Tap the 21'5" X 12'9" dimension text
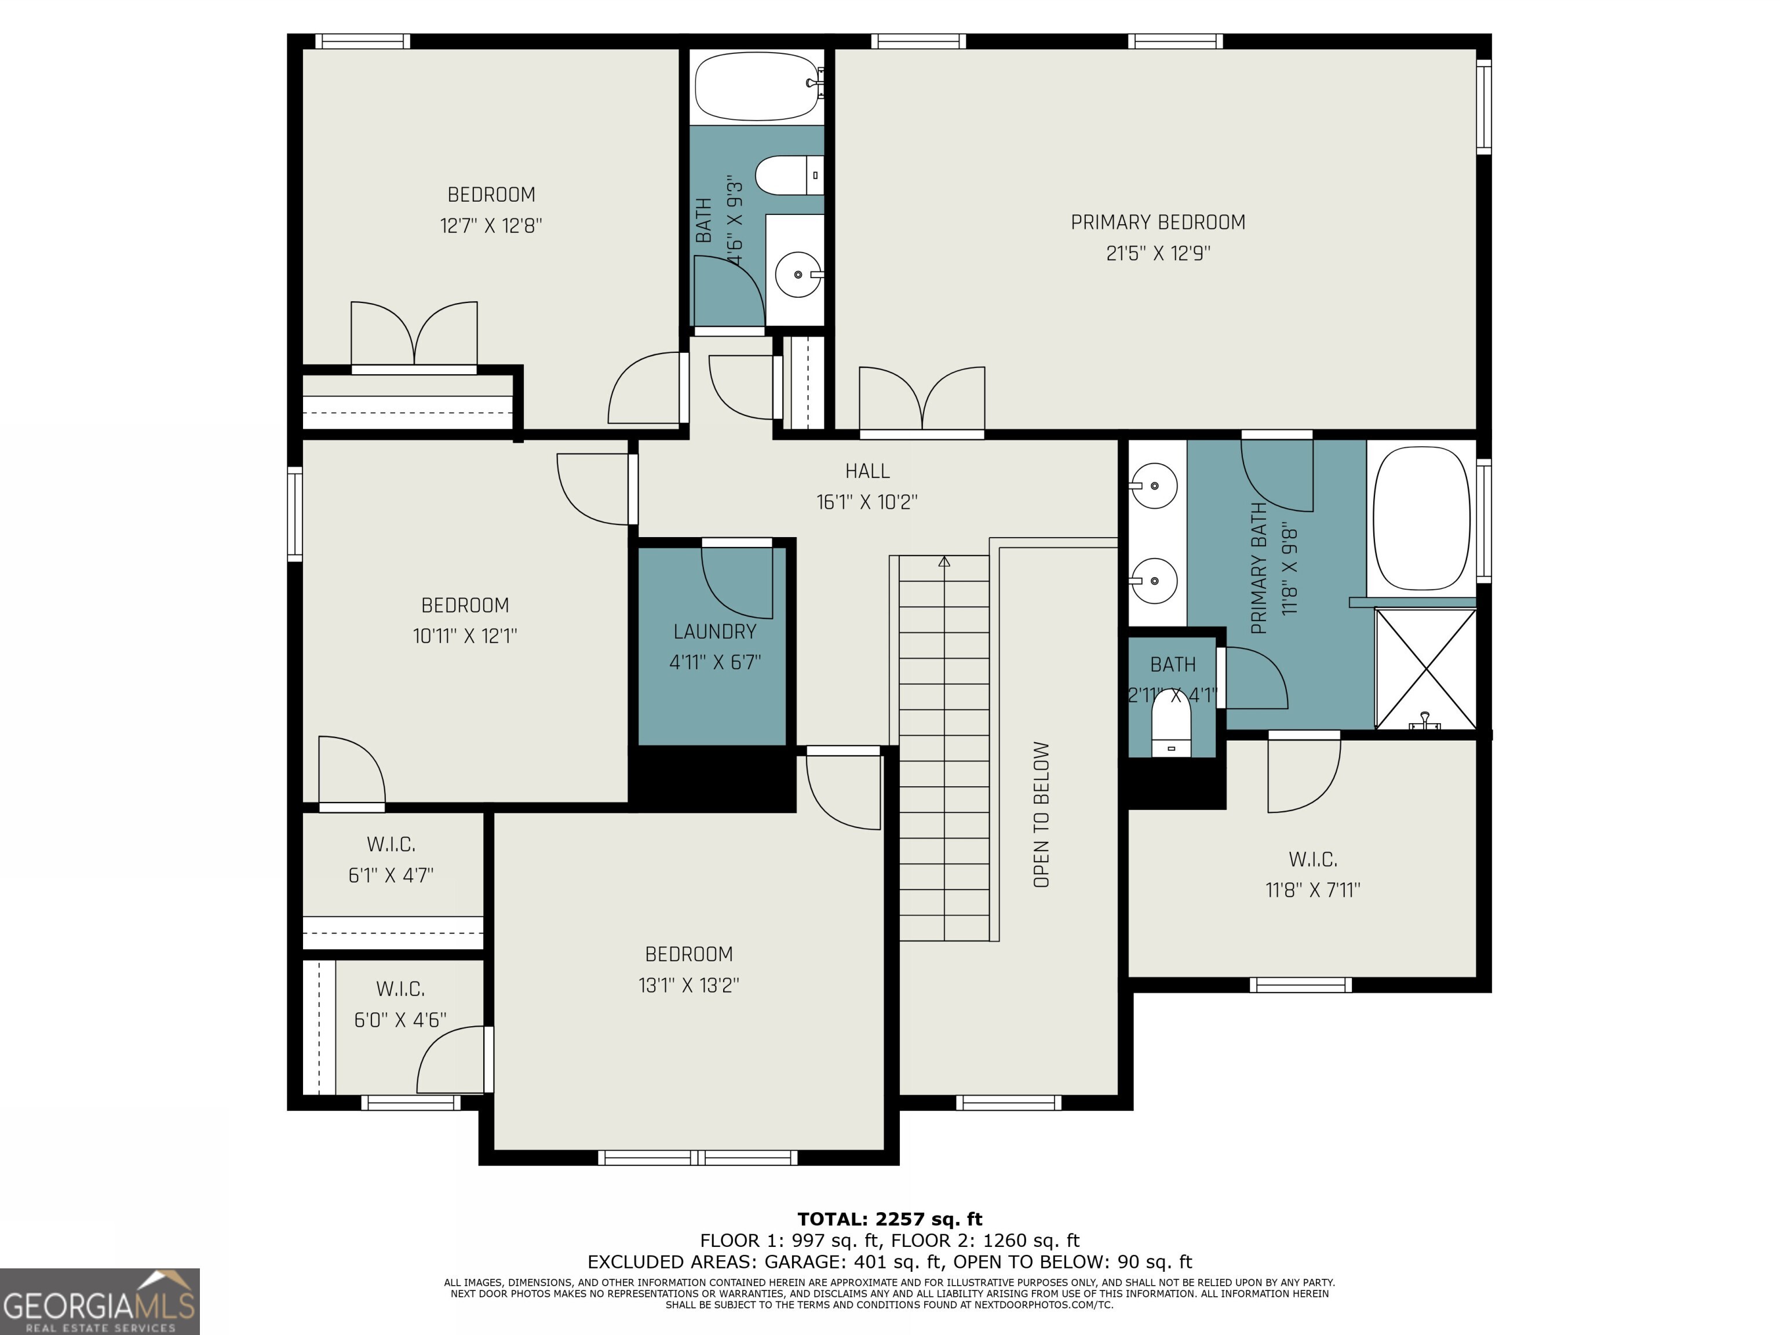[x=1157, y=253]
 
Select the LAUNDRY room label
[x=714, y=632]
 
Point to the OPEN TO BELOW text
[x=1041, y=814]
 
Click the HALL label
[x=867, y=470]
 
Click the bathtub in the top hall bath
[x=756, y=86]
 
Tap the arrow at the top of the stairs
[x=944, y=561]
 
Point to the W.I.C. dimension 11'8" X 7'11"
[x=1312, y=890]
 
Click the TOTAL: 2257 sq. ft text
[x=889, y=1219]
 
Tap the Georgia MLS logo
[x=99, y=1301]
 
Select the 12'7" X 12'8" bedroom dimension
[x=491, y=225]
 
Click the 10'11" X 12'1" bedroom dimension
[x=464, y=636]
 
